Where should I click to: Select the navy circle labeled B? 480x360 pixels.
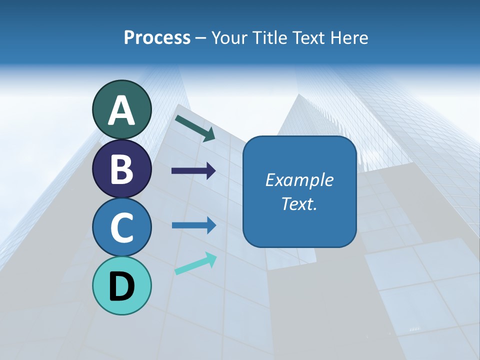[122, 169]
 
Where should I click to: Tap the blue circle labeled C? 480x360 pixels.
[122, 227]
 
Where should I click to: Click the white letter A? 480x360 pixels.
[122, 110]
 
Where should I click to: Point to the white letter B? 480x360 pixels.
[122, 169]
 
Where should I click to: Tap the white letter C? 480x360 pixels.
[122, 227]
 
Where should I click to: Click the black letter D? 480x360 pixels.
[122, 287]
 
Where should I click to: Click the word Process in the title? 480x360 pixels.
[157, 38]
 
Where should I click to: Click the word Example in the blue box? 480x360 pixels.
[299, 180]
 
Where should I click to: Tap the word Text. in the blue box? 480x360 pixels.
[299, 203]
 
